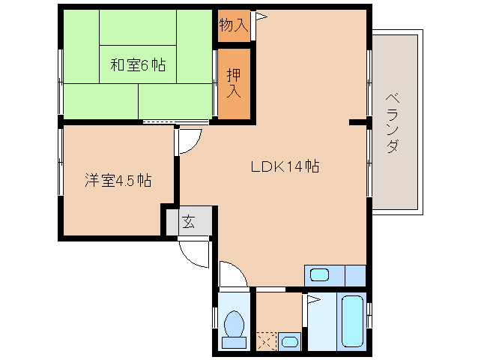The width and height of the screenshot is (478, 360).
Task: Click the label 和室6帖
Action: click(x=138, y=65)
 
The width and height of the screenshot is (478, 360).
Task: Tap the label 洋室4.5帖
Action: click(x=118, y=181)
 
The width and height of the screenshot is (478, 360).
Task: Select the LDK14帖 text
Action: click(x=285, y=166)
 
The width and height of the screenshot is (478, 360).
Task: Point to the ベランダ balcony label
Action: click(x=392, y=124)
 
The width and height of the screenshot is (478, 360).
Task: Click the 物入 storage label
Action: click(x=233, y=25)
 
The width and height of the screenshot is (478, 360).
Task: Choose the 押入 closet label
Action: click(x=234, y=83)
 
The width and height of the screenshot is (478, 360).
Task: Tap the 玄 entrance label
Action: click(x=187, y=222)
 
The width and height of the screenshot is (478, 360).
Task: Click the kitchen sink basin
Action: click(x=320, y=274)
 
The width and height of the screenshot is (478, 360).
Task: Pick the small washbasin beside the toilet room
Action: click(x=288, y=342)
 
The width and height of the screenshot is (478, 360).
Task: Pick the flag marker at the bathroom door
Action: click(x=312, y=301)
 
